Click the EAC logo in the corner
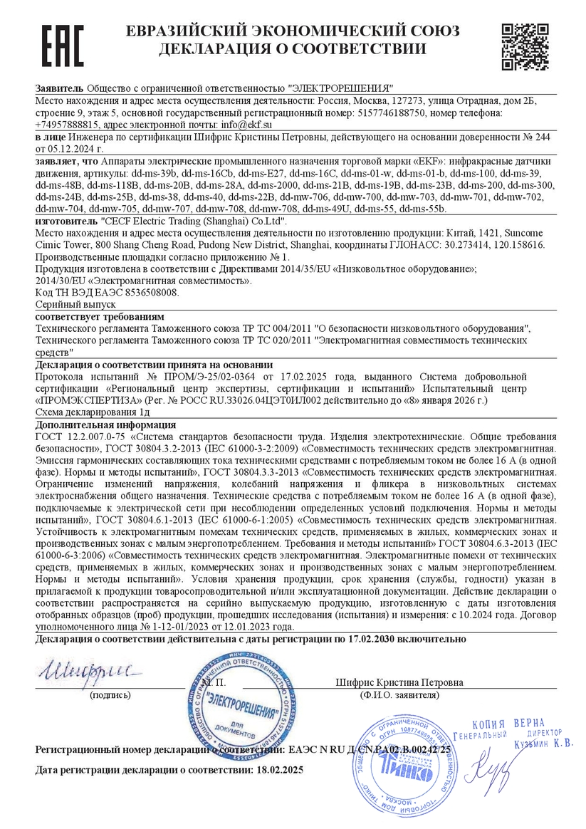click(x=62, y=46)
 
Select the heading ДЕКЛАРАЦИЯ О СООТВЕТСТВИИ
click(x=293, y=49)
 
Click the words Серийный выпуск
click(x=70, y=303)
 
